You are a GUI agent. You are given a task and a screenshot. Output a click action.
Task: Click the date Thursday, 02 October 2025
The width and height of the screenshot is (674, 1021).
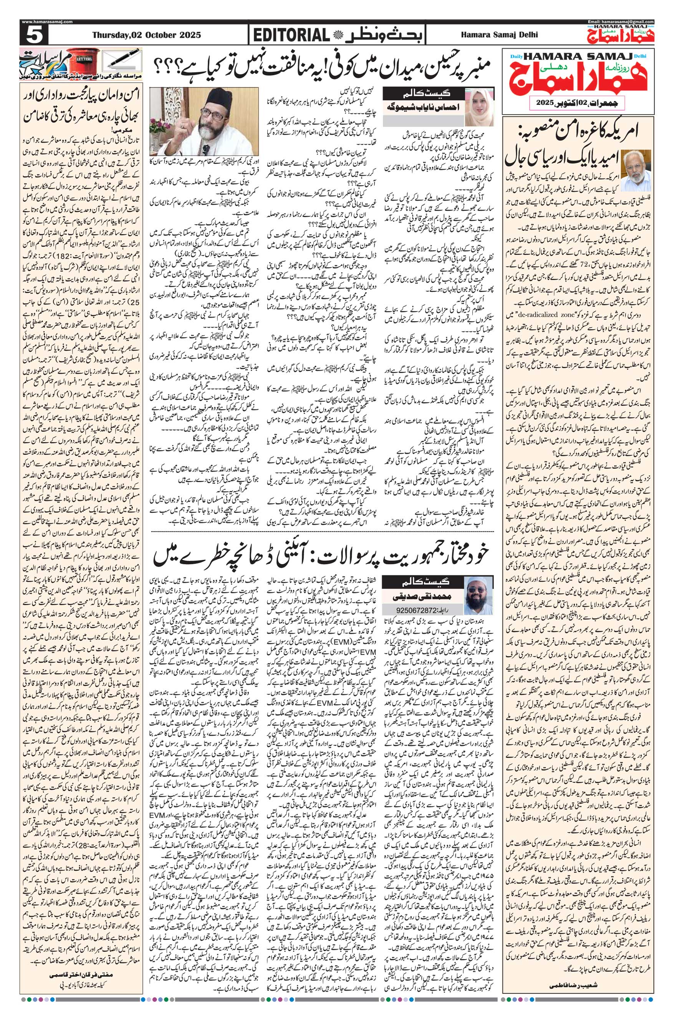146,35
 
